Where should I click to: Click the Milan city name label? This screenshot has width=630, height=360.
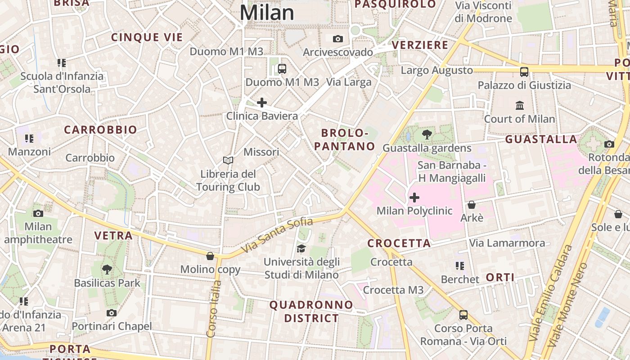(266, 13)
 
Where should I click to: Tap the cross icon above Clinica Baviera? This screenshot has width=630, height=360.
(261, 103)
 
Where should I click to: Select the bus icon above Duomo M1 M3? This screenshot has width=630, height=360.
(282, 69)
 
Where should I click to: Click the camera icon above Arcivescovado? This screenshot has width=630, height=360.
(338, 39)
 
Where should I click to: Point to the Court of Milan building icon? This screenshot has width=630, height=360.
(520, 106)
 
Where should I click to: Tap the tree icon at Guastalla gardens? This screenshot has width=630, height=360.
(427, 134)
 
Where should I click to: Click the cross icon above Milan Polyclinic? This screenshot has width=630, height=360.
(414, 198)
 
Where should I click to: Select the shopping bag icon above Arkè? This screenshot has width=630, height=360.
(472, 205)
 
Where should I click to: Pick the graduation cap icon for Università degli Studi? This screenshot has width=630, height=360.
(301, 248)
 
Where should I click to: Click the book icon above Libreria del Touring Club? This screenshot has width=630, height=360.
(228, 160)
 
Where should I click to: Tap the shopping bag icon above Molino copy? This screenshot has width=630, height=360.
(210, 256)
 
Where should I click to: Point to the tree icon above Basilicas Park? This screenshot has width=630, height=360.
(107, 270)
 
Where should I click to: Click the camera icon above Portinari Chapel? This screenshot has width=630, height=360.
(112, 313)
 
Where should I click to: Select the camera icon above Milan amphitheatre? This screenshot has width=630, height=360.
(38, 213)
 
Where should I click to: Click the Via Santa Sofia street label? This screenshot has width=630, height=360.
(277, 234)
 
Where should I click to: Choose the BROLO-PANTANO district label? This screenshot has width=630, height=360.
(345, 139)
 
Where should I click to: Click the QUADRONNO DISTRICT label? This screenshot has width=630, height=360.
(311, 311)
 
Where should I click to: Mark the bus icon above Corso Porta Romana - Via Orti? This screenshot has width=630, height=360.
(463, 315)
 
